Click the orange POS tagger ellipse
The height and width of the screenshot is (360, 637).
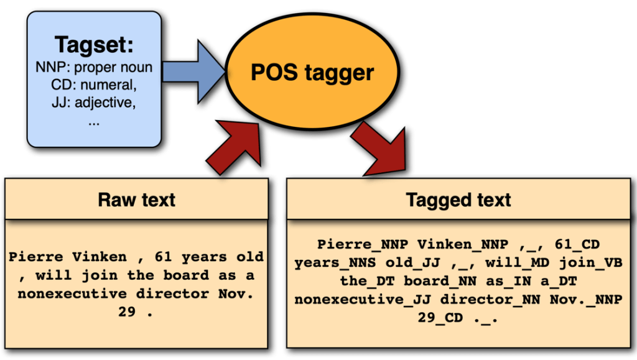coord(312,73)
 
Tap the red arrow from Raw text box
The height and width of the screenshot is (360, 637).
coord(234,149)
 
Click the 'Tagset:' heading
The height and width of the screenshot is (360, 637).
coord(94,45)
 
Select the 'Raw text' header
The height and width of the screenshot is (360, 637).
coord(137,200)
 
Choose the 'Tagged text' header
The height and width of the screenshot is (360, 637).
coord(458,200)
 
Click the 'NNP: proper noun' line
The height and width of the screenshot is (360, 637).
coord(94,67)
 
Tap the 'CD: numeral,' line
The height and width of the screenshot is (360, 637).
coord(94,84)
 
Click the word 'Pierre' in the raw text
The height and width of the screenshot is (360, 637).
coord(37,256)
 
